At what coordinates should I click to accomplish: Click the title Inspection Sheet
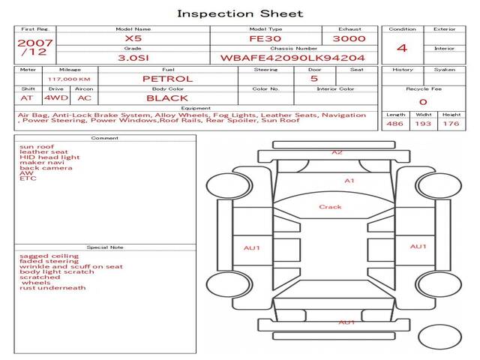[x=240, y=13]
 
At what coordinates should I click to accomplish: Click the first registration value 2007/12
[x=35, y=47]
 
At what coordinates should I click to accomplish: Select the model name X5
[x=133, y=38]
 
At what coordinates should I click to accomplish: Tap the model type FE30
[x=265, y=39]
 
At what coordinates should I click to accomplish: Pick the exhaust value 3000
[x=349, y=39]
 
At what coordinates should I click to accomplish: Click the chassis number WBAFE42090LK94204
[x=292, y=58]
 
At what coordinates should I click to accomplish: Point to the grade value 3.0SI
[x=133, y=58]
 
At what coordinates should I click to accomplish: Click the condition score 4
[x=402, y=48]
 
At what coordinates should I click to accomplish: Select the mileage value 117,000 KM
[x=69, y=79]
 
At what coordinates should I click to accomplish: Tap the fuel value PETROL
[x=168, y=79]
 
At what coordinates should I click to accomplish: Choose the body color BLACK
[x=167, y=98]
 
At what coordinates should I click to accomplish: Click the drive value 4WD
[x=56, y=98]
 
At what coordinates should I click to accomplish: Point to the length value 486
[x=394, y=124]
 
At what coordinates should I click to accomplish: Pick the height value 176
[x=451, y=124]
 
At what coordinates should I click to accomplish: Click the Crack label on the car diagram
[x=330, y=207]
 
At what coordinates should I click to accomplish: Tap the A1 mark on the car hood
[x=349, y=181]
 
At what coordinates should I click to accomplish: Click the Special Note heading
[x=105, y=247]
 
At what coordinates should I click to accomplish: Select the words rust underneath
[x=52, y=288]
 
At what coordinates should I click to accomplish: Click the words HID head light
[x=49, y=157]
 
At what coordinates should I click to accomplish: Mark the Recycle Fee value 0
[x=423, y=102]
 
